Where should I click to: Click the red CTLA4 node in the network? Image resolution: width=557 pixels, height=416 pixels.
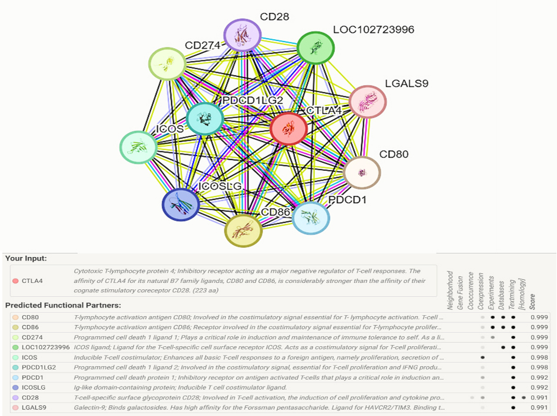click(288, 129)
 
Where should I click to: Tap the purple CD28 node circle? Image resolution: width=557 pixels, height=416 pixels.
click(243, 35)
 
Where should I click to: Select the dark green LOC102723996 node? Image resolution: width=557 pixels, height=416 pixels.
click(316, 48)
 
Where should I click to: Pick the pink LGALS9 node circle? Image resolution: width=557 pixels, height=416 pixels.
click(368, 102)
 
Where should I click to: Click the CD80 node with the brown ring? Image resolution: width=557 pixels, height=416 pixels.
click(362, 173)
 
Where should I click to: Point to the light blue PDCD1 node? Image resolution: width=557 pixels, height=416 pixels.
click(310, 218)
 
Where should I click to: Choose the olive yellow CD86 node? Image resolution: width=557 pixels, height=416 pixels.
click(244, 231)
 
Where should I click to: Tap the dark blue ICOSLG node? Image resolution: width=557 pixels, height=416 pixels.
click(181, 204)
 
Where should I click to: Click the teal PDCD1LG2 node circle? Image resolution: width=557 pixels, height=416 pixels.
click(205, 119)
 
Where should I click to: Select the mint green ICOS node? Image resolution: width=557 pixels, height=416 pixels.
click(138, 147)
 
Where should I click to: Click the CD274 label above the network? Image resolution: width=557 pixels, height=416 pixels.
click(203, 45)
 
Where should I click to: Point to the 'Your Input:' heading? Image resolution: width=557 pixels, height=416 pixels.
click(26, 258)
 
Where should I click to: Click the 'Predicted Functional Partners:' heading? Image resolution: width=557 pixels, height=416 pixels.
click(63, 305)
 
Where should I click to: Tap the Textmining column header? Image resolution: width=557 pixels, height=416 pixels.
click(512, 295)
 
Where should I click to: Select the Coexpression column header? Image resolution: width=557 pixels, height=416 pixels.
click(481, 291)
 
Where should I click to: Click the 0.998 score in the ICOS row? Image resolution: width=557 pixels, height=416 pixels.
click(539, 357)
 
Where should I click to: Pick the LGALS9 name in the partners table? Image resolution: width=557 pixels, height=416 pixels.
click(34, 407)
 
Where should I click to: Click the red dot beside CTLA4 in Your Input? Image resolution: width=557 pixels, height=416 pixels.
click(15, 281)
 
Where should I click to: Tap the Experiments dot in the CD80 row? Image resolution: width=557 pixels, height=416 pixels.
click(493, 317)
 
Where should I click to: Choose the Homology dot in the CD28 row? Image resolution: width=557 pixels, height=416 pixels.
click(524, 398)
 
